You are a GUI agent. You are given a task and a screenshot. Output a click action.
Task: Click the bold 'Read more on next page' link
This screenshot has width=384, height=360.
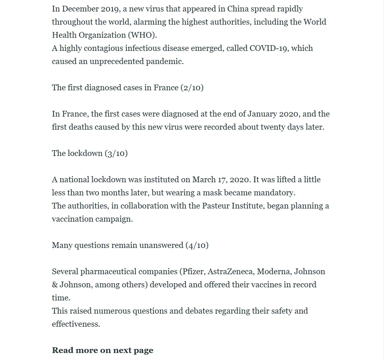pos(103,350)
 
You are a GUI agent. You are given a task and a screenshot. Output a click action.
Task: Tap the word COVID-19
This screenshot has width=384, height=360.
pos(269,48)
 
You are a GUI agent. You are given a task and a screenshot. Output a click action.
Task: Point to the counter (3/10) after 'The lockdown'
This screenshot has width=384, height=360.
pos(116,153)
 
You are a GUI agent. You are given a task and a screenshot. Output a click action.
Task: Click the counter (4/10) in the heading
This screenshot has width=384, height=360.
pos(197,245)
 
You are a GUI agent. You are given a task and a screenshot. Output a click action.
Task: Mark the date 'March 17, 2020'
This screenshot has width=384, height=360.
pos(221,179)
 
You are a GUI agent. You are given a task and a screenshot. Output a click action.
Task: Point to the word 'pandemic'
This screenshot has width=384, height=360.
pos(165,61)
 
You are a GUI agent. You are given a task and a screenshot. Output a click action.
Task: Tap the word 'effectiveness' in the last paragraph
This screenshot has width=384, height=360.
pos(76,324)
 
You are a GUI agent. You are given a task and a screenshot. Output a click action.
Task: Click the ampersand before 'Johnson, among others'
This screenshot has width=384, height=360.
pos(55,284)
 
